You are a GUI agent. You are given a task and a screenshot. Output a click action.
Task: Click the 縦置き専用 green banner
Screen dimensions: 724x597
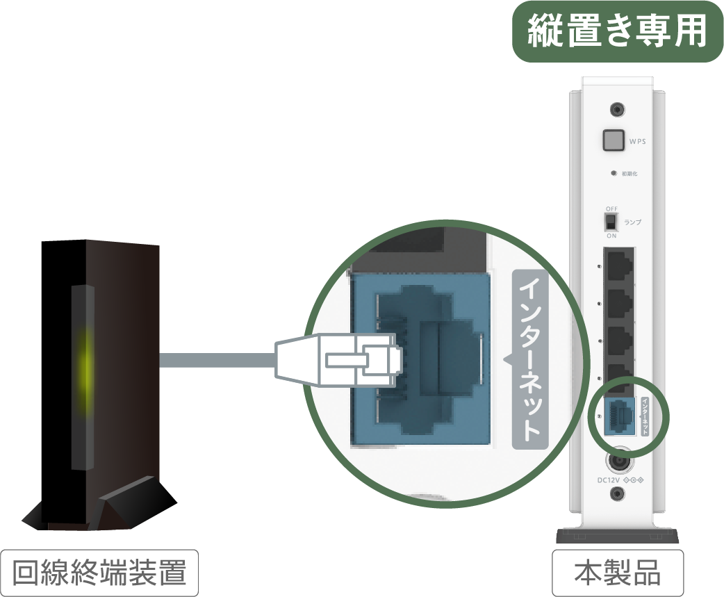pyautogui.click(x=618, y=31)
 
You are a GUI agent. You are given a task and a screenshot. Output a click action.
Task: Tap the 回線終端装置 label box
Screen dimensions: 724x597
pyautogui.click(x=99, y=573)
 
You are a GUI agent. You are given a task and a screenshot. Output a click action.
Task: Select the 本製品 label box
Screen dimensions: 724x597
pyautogui.click(x=618, y=573)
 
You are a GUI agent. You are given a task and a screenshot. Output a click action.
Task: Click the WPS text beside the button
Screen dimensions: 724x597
pyautogui.click(x=638, y=142)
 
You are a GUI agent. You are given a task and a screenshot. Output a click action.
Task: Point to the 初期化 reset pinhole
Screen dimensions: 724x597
pyautogui.click(x=614, y=174)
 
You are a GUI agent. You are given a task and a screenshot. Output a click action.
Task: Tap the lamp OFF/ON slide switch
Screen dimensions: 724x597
pyautogui.click(x=611, y=222)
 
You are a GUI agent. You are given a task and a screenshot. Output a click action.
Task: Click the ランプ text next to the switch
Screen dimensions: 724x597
pyautogui.click(x=632, y=222)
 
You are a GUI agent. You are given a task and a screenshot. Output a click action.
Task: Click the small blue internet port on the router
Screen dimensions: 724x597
pyautogui.click(x=620, y=416)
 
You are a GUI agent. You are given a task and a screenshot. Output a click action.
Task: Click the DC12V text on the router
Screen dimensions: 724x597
pyautogui.click(x=609, y=480)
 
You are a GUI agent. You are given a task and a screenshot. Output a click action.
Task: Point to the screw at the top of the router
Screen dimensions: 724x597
pyautogui.click(x=617, y=110)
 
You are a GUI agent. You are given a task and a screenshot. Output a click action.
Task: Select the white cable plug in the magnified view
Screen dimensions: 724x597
pyautogui.click(x=338, y=360)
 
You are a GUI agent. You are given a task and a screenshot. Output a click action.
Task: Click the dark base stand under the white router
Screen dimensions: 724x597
pyautogui.click(x=618, y=536)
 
